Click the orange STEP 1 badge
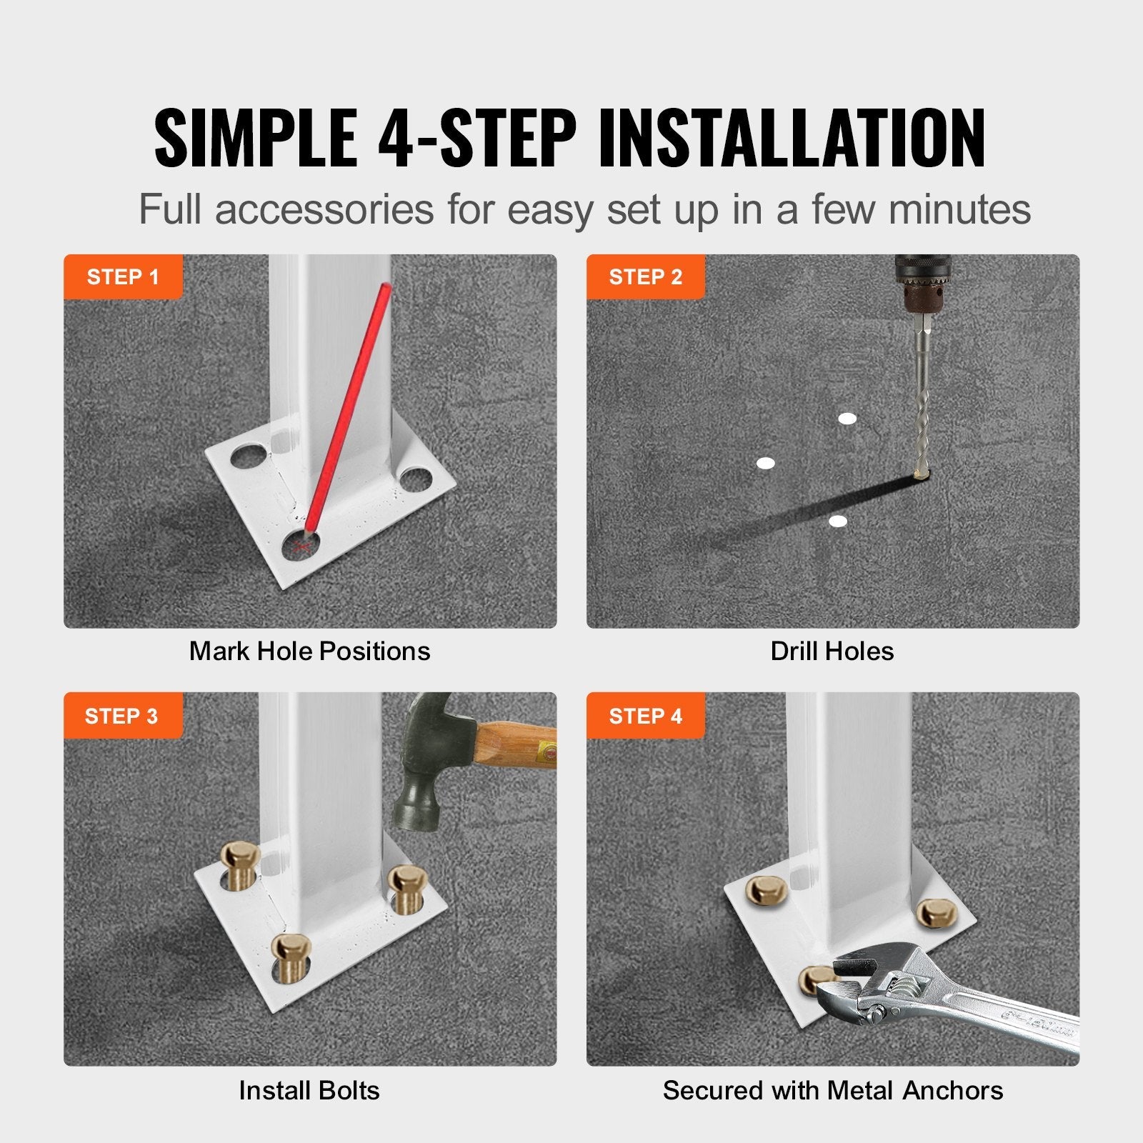[x=123, y=276]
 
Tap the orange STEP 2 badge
[x=645, y=276]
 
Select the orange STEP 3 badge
[x=121, y=716]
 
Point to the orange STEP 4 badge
[x=645, y=716]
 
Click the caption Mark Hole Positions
[x=309, y=652]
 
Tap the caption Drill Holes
[x=832, y=652]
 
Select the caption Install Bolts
[x=309, y=1091]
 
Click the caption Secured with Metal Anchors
[x=832, y=1091]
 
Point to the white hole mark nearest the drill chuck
[x=847, y=419]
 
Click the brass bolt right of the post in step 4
[x=933, y=912]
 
